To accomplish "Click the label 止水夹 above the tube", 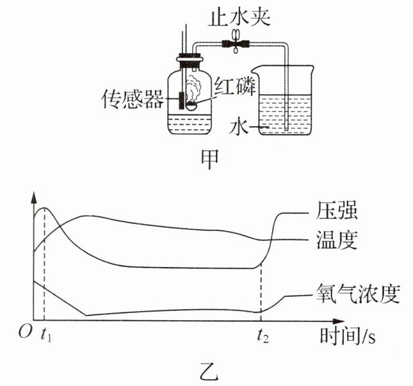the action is pos(239,17).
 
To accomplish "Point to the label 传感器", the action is pos(133,99).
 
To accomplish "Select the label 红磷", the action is pos(235,86).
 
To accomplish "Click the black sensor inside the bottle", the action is pos(181,101).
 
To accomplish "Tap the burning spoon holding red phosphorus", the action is pos(191,106).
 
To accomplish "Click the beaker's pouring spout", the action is pos(255,70).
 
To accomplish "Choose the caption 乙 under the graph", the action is pos(209,373).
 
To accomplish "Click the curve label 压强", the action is pos(337,211).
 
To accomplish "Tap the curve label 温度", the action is pos(337,240).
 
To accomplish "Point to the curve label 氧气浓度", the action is pos(358,294).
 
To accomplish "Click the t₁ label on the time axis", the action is pos(46,335).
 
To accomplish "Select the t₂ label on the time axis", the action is pos(263,335).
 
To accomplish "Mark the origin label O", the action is pos(26,332).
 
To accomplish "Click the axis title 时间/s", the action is pos(348,335).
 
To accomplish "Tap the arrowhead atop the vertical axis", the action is pos(34,197).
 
